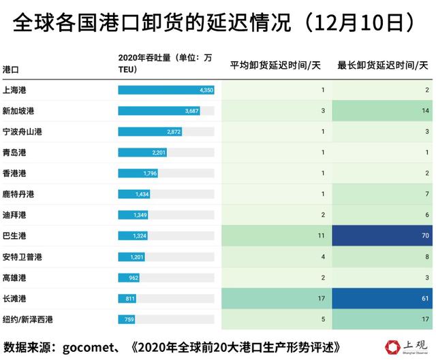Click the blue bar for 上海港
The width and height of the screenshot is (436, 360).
tap(166, 90)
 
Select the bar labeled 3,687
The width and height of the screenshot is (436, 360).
tap(159, 111)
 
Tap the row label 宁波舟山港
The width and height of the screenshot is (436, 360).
tap(22, 131)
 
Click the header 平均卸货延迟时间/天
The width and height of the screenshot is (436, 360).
tap(275, 65)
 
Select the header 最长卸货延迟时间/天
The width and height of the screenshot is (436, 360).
tap(383, 65)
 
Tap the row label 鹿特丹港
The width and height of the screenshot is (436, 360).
tap(18, 195)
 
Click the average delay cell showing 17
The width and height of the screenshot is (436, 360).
tap(275, 299)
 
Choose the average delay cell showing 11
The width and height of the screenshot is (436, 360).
tap(275, 236)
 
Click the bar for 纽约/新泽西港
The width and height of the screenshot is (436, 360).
tap(127, 320)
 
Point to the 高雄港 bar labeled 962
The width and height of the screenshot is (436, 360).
tap(129, 278)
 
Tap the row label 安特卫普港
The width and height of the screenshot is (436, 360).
tap(22, 257)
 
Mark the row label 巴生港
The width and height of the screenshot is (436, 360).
tap(14, 236)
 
